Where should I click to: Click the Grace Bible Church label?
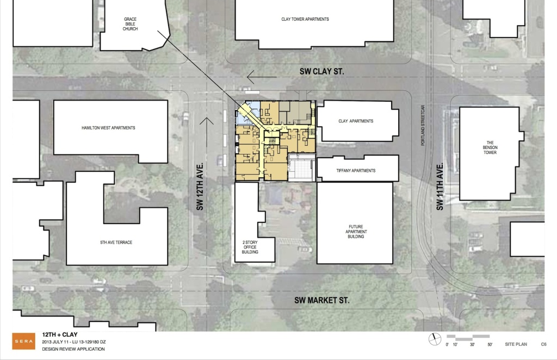click(x=131, y=24)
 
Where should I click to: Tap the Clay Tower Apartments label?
click(x=305, y=19)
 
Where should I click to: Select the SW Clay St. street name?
click(x=322, y=71)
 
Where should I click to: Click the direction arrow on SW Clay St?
click(x=262, y=77)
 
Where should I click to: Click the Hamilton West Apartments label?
click(x=108, y=128)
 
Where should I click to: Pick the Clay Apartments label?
click(x=356, y=121)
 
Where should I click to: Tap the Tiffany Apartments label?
click(x=356, y=170)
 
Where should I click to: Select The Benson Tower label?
click(x=490, y=147)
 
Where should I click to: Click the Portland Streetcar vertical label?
click(x=423, y=125)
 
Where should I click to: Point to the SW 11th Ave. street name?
click(x=440, y=187)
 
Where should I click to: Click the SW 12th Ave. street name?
click(x=200, y=187)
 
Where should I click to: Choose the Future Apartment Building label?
click(x=356, y=232)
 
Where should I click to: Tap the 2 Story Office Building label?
click(x=250, y=247)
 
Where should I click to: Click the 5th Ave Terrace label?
click(x=116, y=243)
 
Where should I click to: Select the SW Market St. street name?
click(x=322, y=300)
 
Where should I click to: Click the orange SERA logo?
click(x=24, y=341)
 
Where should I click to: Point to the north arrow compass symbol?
click(x=435, y=339)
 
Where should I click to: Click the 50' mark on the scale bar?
click(x=490, y=344)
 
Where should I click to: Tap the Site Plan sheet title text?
click(x=516, y=344)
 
